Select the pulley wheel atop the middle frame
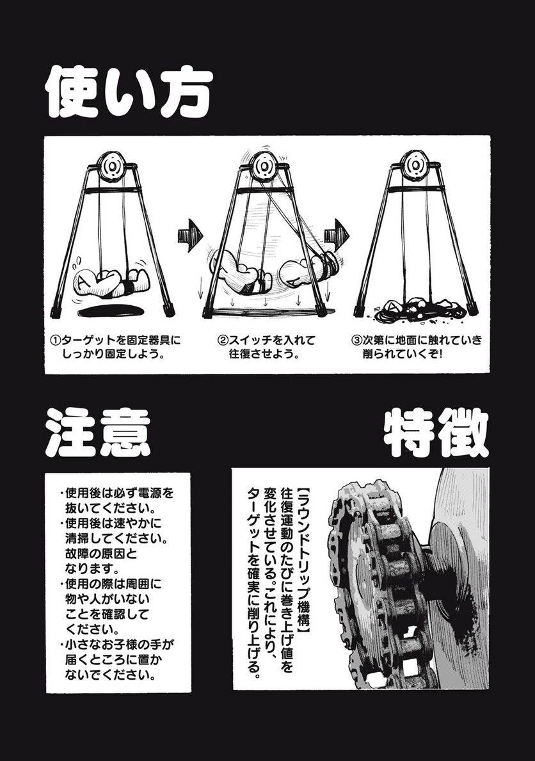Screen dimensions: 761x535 click(x=264, y=166)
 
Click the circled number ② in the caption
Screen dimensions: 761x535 click(x=224, y=340)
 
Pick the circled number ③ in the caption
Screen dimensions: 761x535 click(x=358, y=340)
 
